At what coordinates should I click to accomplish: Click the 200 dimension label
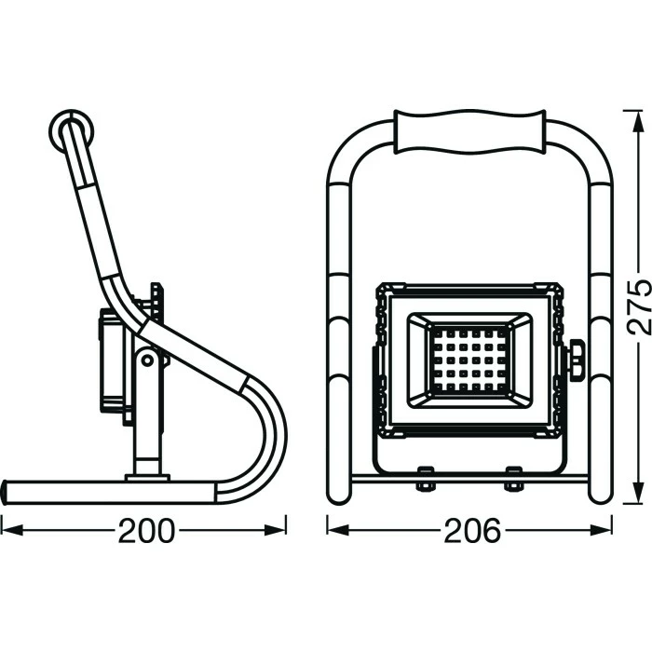coord(145,531)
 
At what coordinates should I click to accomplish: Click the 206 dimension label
coord(472,531)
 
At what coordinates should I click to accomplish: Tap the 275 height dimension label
coord(639,306)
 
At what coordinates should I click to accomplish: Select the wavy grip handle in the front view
coord(469,132)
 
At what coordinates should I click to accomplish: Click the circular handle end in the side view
coord(71,131)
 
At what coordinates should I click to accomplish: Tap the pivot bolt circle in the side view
coord(147,360)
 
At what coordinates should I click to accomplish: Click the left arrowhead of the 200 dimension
coord(11,530)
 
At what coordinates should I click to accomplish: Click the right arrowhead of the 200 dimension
coord(276,530)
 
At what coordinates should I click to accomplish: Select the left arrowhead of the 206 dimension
coord(337,530)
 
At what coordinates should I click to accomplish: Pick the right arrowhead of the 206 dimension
coord(602,530)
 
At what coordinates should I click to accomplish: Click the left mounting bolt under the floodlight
coord(425,478)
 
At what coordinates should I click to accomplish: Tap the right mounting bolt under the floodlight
coord(513,478)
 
